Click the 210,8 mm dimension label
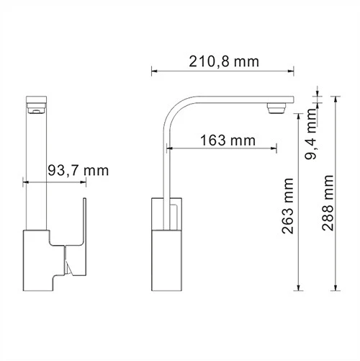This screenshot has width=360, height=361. (223, 61)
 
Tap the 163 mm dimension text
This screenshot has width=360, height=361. (222, 140)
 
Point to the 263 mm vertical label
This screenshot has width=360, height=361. (290, 205)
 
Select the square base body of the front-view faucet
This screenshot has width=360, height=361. (43, 259)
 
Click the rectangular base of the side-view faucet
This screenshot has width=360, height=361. (167, 244)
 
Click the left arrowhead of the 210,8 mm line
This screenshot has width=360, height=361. (154, 71)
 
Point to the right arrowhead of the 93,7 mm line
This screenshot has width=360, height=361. (83, 182)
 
